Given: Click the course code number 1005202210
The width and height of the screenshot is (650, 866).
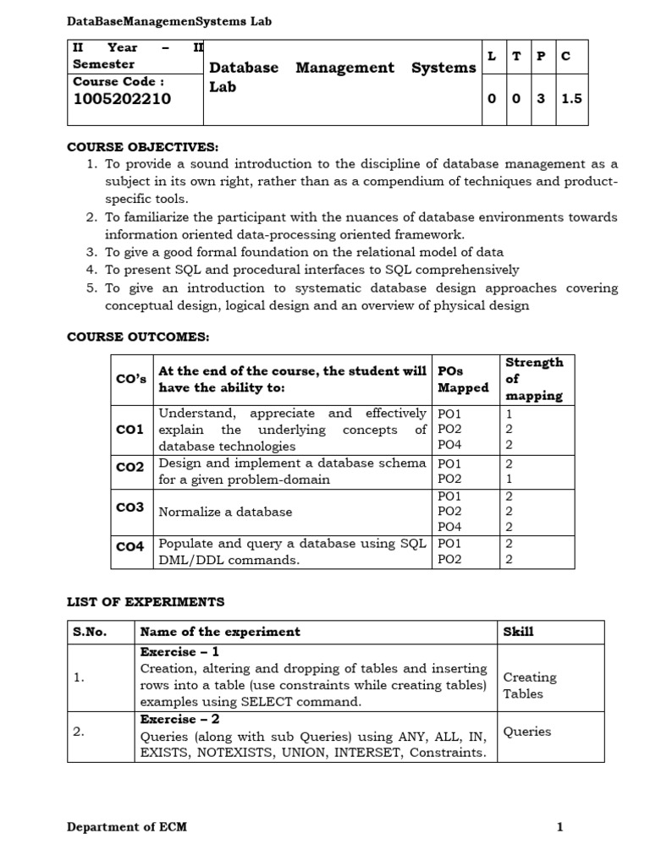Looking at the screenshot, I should coord(122,99).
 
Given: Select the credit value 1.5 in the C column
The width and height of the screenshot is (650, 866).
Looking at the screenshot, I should coord(571,99).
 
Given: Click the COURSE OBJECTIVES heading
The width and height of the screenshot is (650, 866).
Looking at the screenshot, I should coord(142,147).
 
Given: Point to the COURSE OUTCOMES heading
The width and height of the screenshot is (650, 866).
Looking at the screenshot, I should coord(138,337).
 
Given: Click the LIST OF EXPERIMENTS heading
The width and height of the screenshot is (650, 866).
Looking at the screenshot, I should coord(146,602).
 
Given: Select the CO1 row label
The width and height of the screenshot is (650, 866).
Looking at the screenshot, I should coord(129,430).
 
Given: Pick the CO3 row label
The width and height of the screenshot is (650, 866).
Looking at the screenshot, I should coord(129,507).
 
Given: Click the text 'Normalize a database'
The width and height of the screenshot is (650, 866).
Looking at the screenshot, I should coord(225,512).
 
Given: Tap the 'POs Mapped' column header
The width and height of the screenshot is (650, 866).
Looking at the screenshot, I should coord(463,379).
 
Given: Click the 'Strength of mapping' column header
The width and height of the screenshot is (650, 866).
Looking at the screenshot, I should coord(534,379).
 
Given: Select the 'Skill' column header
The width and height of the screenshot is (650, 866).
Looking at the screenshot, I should coord(518,632).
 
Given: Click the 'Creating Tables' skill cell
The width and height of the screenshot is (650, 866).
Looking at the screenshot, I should coord(530,685).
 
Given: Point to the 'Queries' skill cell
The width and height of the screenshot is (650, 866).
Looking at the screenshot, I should coord(526,732).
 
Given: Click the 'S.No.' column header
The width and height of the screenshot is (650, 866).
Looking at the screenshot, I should coord(90,632).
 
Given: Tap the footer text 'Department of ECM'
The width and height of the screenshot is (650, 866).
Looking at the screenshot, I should coord(127,827).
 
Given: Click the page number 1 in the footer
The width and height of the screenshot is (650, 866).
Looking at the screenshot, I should coord(559,827).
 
